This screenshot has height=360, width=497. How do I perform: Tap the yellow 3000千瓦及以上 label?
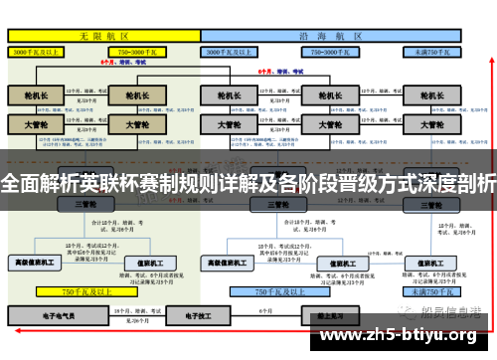click(x=39, y=50)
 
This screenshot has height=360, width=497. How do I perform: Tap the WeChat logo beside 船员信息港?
click(x=401, y=312)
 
